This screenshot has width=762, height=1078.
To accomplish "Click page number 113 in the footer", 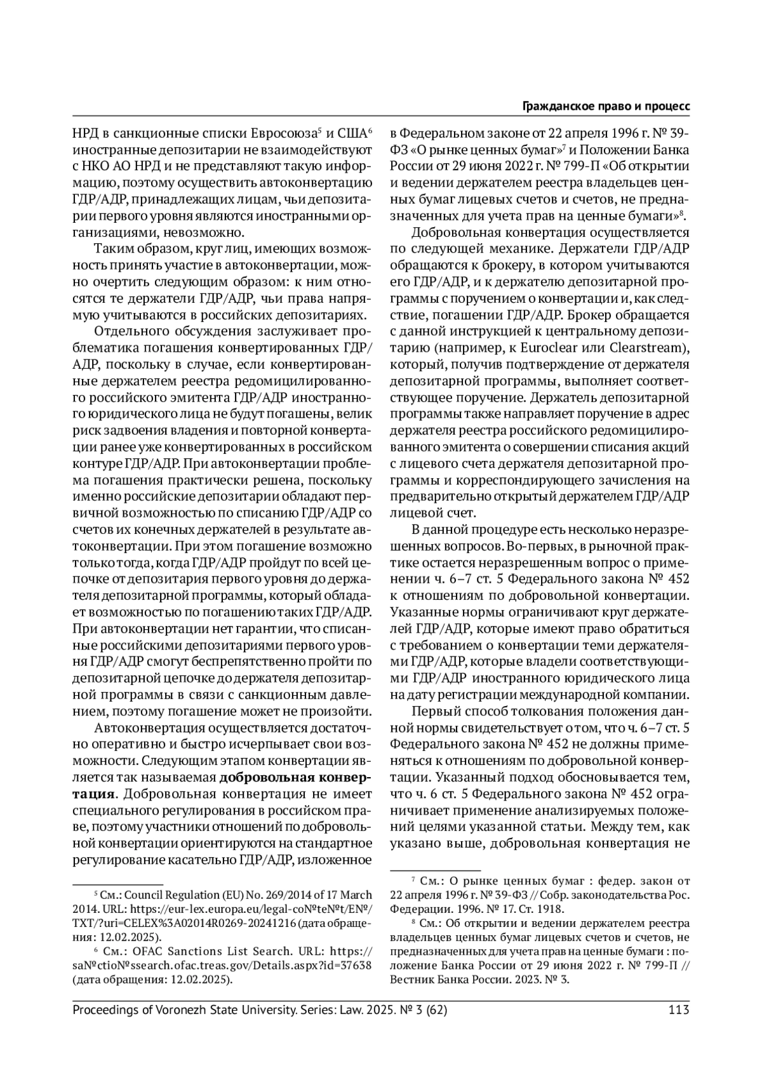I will pyautogui.click(x=679, y=1009).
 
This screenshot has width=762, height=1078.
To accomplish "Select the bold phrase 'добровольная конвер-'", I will pyautogui.click(x=294, y=778).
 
